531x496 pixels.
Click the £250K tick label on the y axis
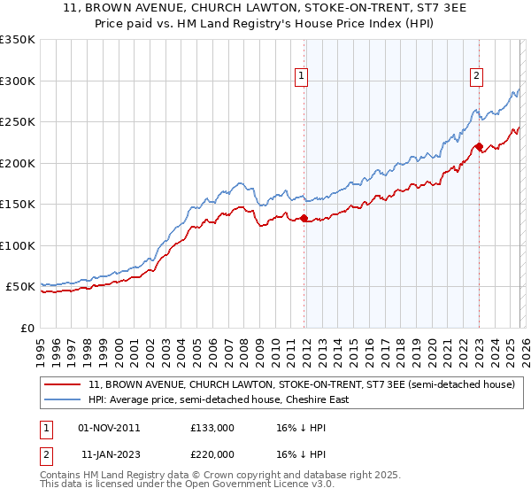point(18,122)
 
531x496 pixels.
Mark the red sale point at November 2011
point(304,218)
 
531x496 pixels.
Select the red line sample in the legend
point(64,385)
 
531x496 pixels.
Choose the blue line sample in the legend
point(64,399)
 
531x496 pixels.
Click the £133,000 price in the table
point(212,428)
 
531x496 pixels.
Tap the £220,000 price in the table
point(212,453)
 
